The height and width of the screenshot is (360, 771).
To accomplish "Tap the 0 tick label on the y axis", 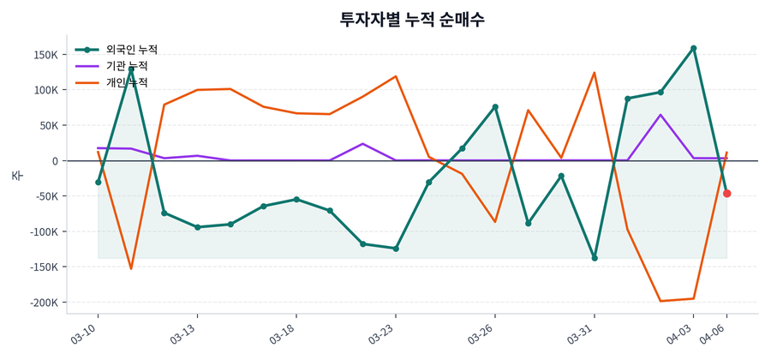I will (x=54, y=161).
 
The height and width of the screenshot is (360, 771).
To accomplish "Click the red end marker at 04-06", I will (x=726, y=194).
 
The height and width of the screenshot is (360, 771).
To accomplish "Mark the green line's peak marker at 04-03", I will (x=693, y=48).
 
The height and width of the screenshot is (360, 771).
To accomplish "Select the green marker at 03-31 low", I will (x=595, y=258).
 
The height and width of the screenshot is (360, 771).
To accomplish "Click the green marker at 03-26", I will (x=495, y=107).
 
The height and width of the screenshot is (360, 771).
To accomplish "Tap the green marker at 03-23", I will (x=396, y=249).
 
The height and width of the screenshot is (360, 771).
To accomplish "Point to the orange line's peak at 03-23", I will (x=396, y=76).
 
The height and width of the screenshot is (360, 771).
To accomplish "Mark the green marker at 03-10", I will (x=99, y=182).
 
